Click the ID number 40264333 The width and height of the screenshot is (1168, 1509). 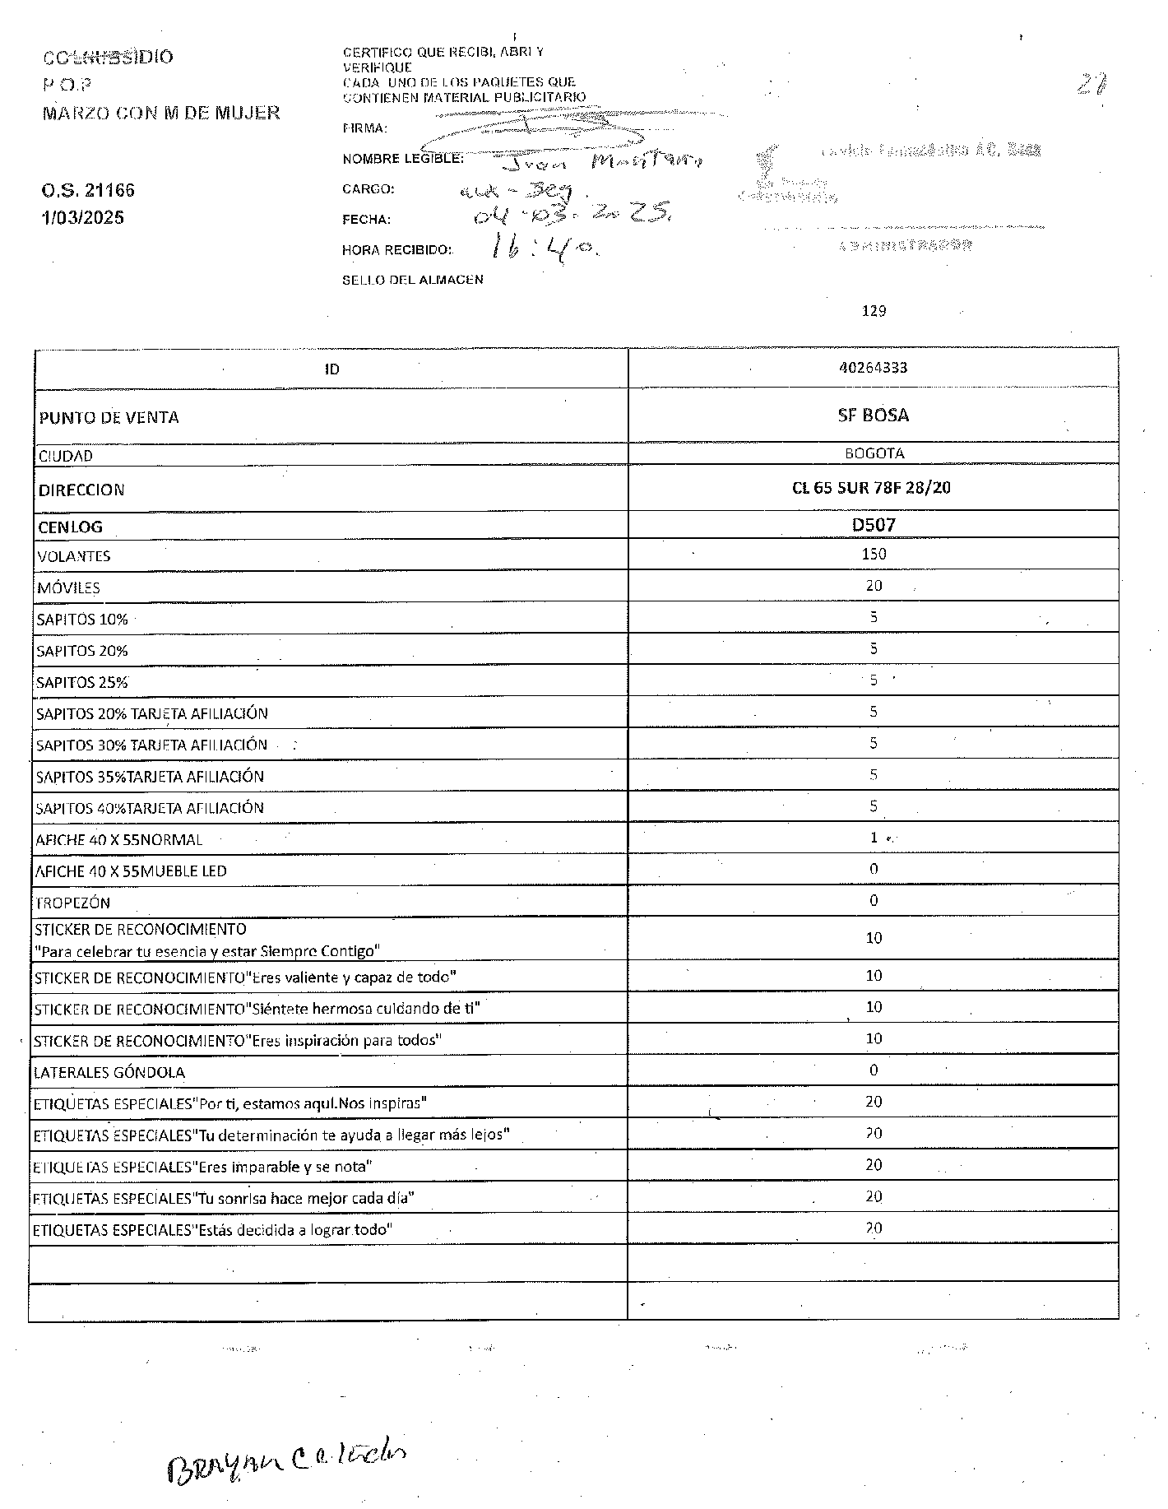(x=873, y=368)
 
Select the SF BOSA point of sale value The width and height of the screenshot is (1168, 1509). (x=874, y=416)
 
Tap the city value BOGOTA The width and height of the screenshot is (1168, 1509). (x=874, y=453)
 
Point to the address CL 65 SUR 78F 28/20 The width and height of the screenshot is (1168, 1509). (x=871, y=487)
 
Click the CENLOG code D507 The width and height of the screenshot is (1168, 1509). (x=874, y=525)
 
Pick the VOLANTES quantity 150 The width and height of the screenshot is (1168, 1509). (x=874, y=554)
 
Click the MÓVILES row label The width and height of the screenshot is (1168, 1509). (x=68, y=588)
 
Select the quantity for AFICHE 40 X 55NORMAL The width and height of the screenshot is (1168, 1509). (x=874, y=838)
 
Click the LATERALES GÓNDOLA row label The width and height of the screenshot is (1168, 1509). (x=109, y=1072)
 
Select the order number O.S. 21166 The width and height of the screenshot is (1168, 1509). (x=88, y=191)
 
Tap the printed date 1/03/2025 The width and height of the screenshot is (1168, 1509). (x=83, y=218)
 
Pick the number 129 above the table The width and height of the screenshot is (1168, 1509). (x=874, y=311)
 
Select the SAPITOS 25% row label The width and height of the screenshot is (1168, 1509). (x=82, y=683)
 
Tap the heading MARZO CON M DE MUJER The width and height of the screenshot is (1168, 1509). (x=161, y=113)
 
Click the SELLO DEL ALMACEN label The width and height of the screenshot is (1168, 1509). (x=413, y=280)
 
